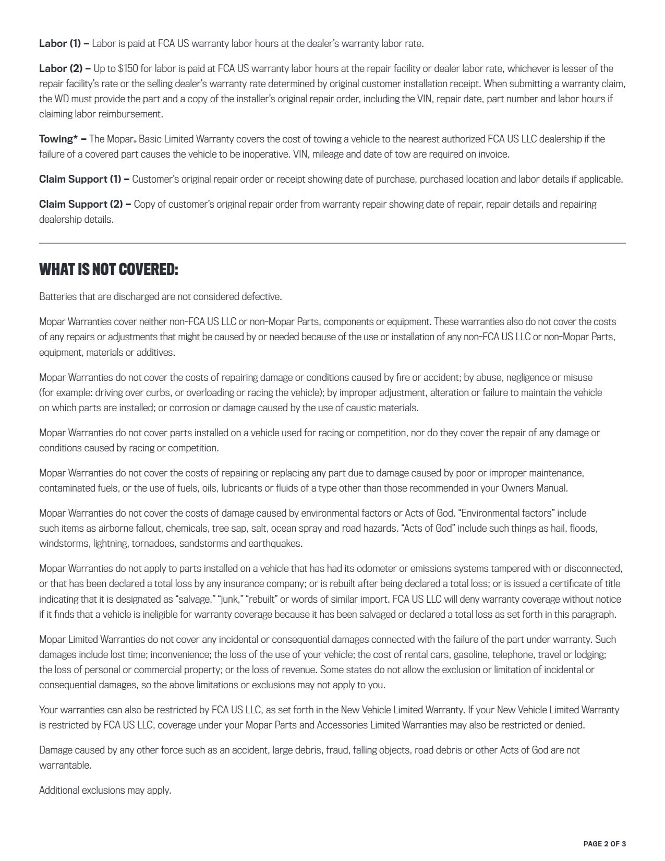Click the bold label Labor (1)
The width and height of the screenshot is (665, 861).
point(60,43)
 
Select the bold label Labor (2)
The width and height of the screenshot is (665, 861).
point(60,68)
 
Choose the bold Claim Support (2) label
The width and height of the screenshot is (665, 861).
point(81,204)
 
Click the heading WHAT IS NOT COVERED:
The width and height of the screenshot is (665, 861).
point(108,270)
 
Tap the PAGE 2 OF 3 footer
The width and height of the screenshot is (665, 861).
point(604,844)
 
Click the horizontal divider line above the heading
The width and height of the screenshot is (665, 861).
point(332,243)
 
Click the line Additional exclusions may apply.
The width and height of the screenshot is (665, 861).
point(105,790)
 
